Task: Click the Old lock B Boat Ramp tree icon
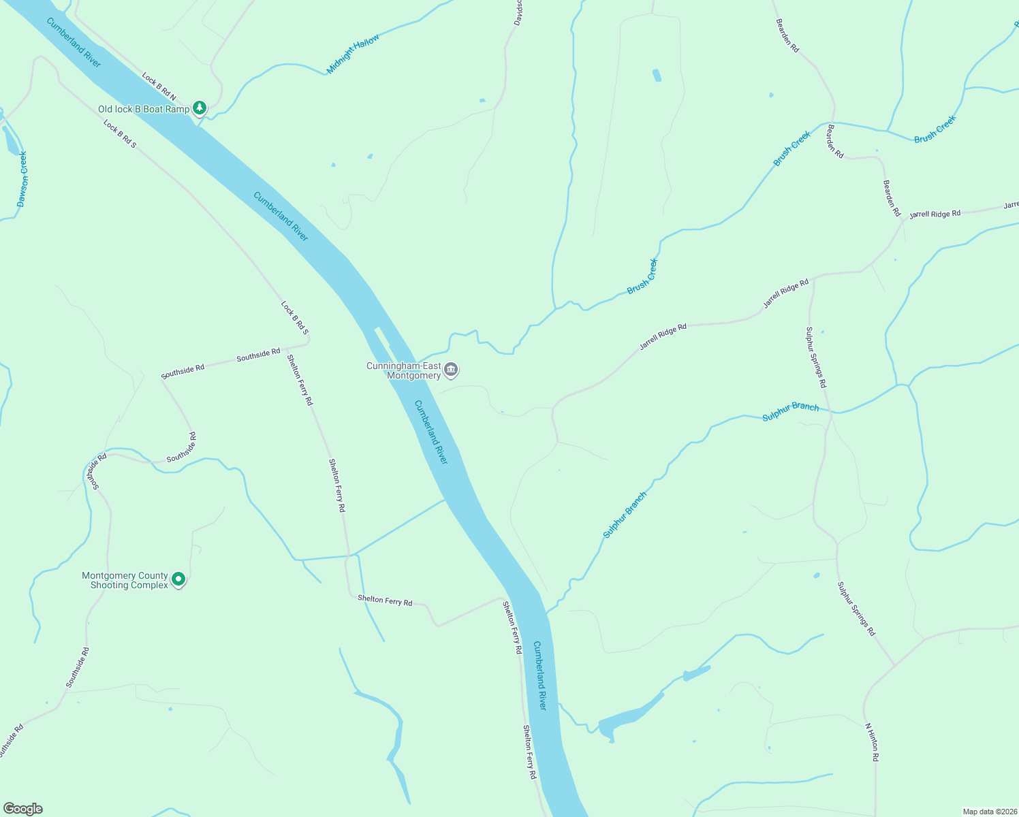click(199, 108)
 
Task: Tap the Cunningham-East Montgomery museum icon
click(451, 370)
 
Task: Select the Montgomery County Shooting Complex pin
click(178, 579)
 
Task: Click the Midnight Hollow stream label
click(353, 54)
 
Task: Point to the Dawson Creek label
click(23, 179)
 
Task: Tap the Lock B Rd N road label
click(159, 87)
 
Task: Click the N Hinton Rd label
click(872, 742)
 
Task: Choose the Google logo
click(23, 809)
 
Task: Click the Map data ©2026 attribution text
click(988, 812)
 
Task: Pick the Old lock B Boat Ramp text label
click(144, 109)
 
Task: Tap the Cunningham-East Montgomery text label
click(404, 370)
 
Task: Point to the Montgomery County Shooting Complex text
click(125, 580)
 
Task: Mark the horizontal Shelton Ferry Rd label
click(385, 601)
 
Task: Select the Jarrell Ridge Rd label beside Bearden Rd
click(935, 214)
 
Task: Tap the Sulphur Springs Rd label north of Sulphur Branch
click(815, 357)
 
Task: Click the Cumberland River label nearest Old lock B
click(74, 42)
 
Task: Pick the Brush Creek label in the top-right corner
click(935, 129)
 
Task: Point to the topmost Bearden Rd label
click(787, 35)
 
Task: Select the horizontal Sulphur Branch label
click(790, 411)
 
